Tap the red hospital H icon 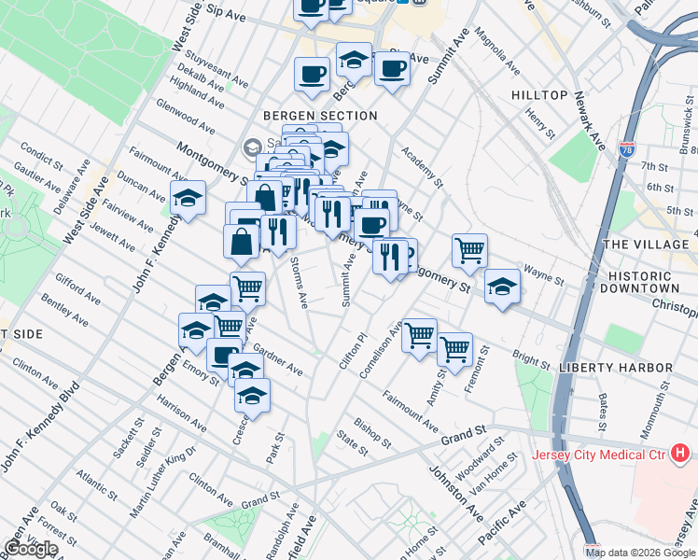click(680, 455)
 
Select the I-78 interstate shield click(626, 148)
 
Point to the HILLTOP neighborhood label click(539, 96)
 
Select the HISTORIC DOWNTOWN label click(652, 284)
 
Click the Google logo click(31, 549)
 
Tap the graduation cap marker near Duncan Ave click(188, 198)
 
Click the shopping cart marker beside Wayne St click(469, 249)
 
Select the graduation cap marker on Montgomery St click(502, 286)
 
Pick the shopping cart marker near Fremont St click(454, 349)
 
